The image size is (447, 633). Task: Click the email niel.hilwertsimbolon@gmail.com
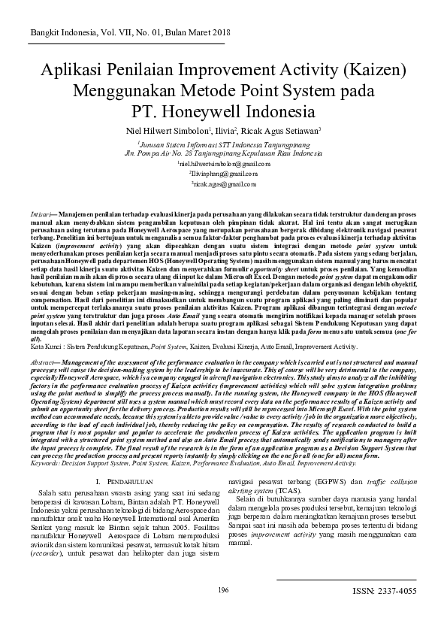tap(223, 162)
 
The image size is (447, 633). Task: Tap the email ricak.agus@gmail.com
tap(223, 183)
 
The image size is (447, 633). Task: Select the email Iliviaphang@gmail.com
tap(223, 173)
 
